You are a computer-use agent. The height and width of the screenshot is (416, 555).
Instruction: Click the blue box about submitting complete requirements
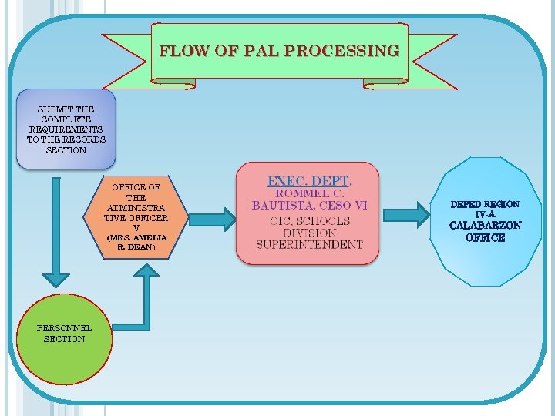click(66, 129)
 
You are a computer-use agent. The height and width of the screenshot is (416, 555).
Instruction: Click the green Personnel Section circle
click(65, 344)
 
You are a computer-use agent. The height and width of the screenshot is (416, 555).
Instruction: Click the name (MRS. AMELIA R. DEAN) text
click(136, 242)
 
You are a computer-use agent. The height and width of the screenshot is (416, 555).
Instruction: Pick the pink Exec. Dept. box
click(308, 213)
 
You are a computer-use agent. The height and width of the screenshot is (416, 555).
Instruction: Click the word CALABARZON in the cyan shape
click(485, 226)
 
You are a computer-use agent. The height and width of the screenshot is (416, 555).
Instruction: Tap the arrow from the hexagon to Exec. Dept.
click(212, 218)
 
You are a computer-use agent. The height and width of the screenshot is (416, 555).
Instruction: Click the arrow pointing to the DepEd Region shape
click(409, 215)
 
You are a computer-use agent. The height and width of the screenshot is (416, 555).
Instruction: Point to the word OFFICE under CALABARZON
click(485, 238)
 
